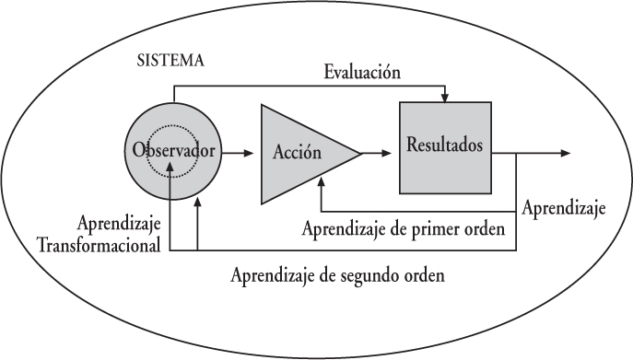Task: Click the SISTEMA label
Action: point(170,62)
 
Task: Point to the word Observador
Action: point(173,150)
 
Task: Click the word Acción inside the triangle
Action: point(297,153)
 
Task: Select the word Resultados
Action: point(444,145)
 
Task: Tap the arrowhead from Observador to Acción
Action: point(249,153)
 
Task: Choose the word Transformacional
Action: point(98,245)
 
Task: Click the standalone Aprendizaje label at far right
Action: point(563,210)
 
